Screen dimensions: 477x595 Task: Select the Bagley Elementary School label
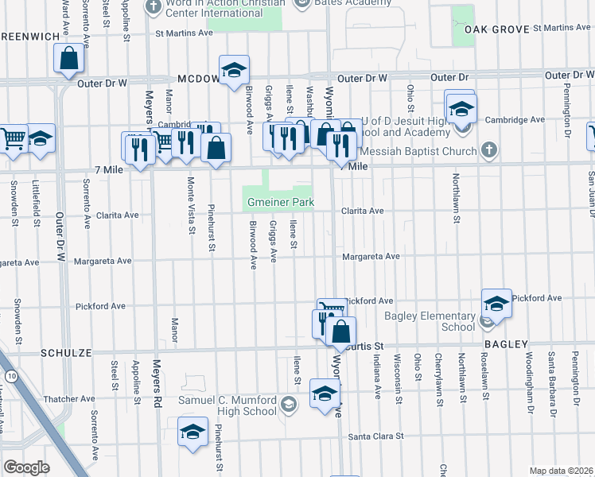pos(430,321)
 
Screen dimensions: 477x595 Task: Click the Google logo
pos(26,467)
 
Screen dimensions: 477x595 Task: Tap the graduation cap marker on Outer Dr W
pos(234,70)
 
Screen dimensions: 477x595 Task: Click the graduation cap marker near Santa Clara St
pos(192,432)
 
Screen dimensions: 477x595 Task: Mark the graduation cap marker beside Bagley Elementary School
pos(496,304)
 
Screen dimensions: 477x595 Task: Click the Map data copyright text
pos(561,471)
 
